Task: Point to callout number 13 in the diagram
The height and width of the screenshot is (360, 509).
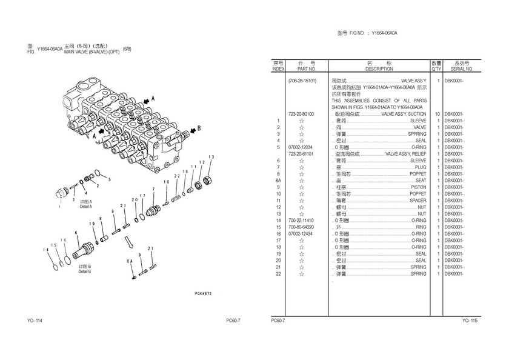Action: tap(211, 158)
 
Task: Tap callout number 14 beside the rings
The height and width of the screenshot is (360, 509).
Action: tap(46, 250)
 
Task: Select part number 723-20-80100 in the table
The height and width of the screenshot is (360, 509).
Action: tap(301, 114)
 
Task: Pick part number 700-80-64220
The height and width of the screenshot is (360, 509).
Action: tap(301, 227)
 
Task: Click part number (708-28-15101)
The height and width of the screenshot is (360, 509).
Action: tap(302, 81)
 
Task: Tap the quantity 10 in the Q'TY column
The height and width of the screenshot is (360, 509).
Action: tap(436, 114)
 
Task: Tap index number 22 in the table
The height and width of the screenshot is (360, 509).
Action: tap(278, 274)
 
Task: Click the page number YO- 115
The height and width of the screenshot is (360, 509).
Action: tap(470, 321)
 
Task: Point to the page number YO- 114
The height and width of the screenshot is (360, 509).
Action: tap(35, 321)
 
